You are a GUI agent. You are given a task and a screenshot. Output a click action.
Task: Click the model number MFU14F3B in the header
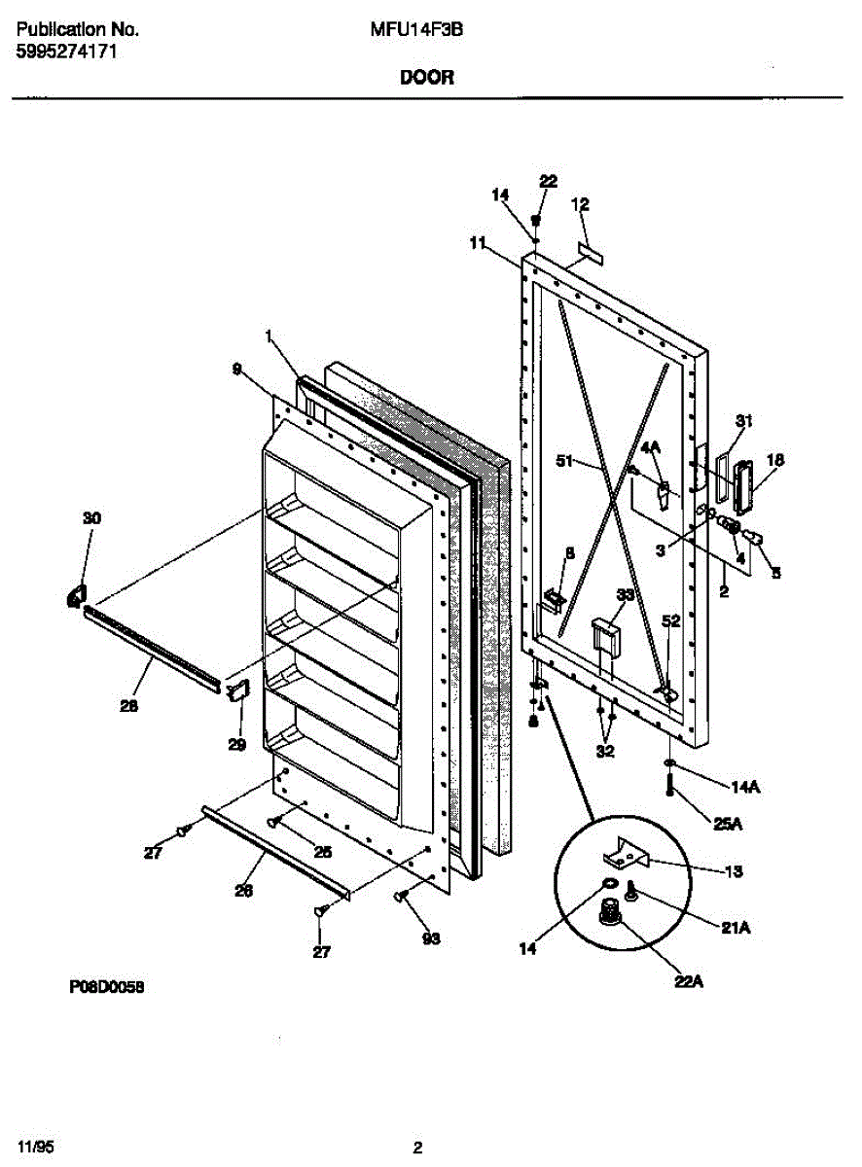[415, 30]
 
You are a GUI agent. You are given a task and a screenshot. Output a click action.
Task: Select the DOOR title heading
[426, 78]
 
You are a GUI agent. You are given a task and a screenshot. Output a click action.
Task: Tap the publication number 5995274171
[67, 53]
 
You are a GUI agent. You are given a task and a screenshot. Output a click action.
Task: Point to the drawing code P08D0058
[107, 985]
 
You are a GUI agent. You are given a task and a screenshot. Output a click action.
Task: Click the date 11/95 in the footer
[32, 1148]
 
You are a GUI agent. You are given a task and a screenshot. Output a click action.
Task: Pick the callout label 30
[90, 518]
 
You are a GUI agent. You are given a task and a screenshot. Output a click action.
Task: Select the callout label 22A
[688, 981]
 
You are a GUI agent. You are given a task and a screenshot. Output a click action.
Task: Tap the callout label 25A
[728, 825]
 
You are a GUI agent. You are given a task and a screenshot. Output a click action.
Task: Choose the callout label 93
[430, 938]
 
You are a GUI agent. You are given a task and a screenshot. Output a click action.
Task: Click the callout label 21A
[735, 928]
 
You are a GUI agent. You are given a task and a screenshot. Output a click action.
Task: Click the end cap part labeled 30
[75, 594]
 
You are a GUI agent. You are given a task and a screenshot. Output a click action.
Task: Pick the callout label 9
[237, 369]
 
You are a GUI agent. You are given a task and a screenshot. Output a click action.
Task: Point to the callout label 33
[625, 594]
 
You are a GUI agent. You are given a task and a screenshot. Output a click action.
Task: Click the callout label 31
[744, 421]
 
